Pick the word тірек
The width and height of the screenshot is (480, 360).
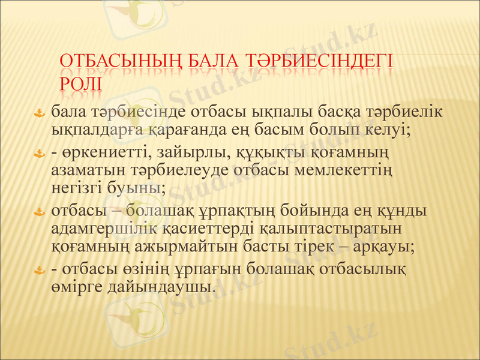click(319, 246)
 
